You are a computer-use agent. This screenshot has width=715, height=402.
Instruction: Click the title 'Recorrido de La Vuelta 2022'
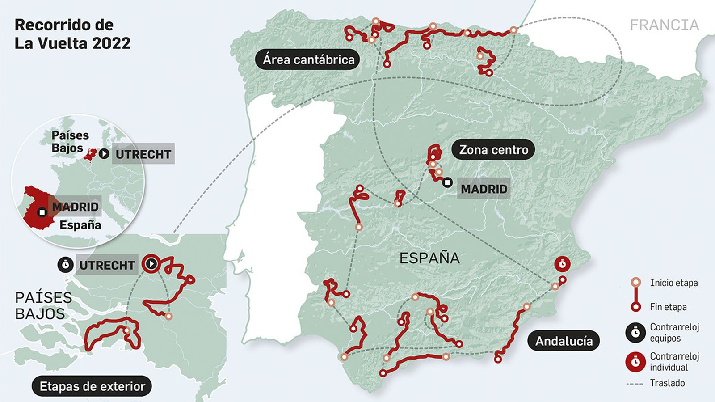[72, 34]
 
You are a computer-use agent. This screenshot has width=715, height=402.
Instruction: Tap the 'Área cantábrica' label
[308, 59]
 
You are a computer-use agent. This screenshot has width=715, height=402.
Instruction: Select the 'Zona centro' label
[493, 150]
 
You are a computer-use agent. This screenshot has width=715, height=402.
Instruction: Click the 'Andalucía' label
[564, 341]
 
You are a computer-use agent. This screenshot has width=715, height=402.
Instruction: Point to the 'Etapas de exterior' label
[92, 386]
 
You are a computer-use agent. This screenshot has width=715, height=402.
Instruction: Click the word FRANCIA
[664, 25]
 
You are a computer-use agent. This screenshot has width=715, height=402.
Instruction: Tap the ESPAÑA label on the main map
[429, 258]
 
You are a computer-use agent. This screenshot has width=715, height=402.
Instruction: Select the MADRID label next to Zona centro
[484, 189]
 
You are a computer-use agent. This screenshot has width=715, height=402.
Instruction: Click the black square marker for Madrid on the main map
[447, 182]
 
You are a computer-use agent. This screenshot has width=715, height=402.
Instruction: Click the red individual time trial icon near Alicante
[562, 264]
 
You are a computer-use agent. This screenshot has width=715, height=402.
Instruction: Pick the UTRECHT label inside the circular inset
[143, 154]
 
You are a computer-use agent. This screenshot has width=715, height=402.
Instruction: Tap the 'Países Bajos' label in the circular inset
[70, 141]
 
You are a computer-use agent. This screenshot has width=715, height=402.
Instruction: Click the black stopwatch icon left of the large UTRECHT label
[66, 265]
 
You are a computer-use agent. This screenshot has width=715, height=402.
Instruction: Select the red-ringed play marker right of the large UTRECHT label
[151, 264]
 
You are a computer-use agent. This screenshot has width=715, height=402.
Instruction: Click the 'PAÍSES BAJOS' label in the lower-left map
[43, 305]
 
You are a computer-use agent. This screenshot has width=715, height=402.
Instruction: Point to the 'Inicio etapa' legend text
[673, 283]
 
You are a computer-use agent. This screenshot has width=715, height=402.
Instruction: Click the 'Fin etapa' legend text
[668, 307]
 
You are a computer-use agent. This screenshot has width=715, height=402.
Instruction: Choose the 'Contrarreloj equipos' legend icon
[635, 333]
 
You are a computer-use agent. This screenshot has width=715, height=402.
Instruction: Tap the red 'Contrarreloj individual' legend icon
[635, 362]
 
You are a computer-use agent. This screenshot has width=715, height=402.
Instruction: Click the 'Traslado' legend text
[667, 383]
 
